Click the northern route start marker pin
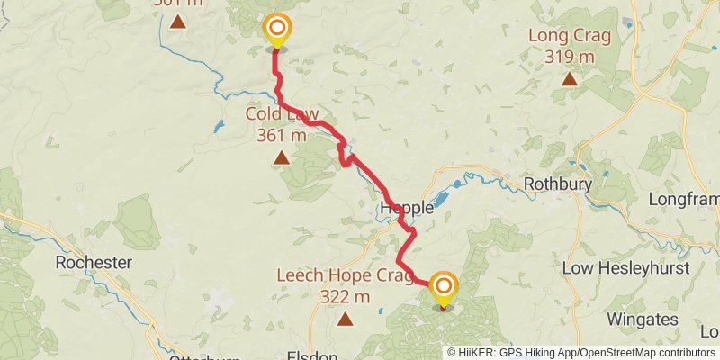point(277,31)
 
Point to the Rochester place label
point(94,263)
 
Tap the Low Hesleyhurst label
point(625,268)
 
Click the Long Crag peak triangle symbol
point(569,79)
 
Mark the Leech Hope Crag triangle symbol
point(345,319)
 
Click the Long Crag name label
point(570,37)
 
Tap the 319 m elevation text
point(570,57)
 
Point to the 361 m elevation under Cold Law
point(282,136)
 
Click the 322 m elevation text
point(345,296)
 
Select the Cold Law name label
point(282,115)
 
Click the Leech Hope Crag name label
point(345,275)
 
